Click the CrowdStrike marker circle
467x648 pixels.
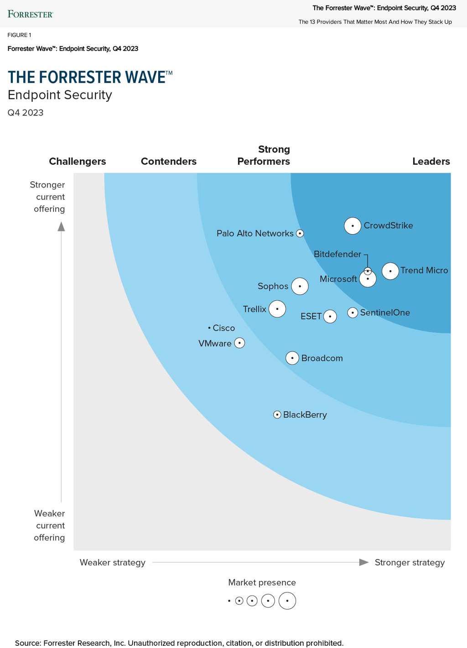pos(353,226)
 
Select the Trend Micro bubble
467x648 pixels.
pos(390,271)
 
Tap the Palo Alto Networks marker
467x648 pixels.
pos(300,234)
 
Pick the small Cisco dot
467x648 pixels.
pos(209,328)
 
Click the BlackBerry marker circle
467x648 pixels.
pos(277,415)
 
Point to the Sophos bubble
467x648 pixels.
pos(300,287)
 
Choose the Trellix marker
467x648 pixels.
pos(277,309)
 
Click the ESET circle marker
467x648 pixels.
pos(330,316)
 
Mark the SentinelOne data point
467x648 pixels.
pos(353,313)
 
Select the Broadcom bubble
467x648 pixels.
pos(292,358)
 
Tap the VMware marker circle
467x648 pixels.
pos(239,343)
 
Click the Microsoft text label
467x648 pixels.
pos(338,279)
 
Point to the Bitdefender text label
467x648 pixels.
pos(337,254)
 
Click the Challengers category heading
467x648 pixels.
pos(78,162)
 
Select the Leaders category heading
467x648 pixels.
pos(431,162)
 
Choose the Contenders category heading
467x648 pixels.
pos(169,162)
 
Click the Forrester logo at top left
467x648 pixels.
pos(31,14)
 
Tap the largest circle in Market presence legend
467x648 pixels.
pos(287,601)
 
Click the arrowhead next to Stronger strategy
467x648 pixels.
pos(363,562)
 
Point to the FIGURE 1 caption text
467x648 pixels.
pos(20,35)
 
